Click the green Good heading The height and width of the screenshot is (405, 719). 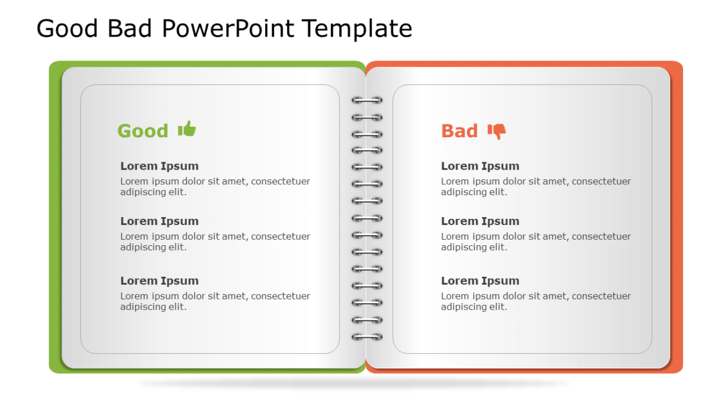click(x=143, y=131)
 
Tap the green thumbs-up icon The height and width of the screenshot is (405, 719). click(x=187, y=129)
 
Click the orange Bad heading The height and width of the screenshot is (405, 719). click(x=459, y=131)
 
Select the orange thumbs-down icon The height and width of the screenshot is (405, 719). click(x=497, y=131)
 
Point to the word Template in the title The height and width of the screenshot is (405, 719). click(x=357, y=29)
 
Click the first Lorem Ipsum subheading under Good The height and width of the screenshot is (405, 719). click(x=159, y=166)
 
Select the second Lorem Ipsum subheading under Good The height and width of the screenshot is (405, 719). click(x=159, y=221)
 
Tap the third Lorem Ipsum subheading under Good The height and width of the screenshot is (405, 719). click(x=159, y=281)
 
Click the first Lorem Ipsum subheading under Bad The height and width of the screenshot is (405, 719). click(x=480, y=166)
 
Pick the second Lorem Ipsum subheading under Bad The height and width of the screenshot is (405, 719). click(x=480, y=221)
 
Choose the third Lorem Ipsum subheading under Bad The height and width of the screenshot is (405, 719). click(x=480, y=281)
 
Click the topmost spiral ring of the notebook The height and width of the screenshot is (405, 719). click(x=367, y=100)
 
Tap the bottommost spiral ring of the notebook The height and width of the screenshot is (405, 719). click(x=367, y=337)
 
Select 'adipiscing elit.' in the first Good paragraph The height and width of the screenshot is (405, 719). click(x=153, y=192)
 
